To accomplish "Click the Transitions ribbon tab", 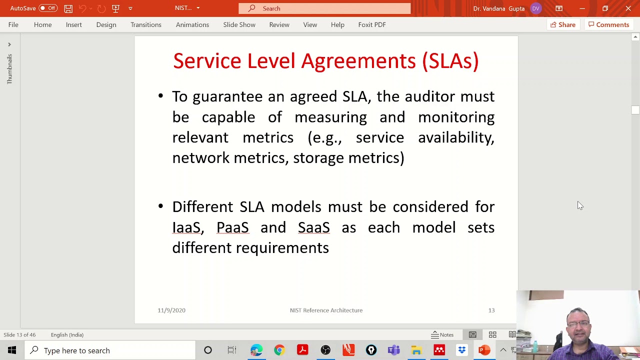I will click(x=146, y=24).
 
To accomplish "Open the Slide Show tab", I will click(x=239, y=24).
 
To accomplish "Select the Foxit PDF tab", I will click(x=371, y=24).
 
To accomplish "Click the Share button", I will click(x=562, y=24).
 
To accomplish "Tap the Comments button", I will click(x=608, y=24).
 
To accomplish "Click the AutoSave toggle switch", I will click(x=48, y=8).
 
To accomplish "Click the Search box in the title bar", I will click(x=324, y=8).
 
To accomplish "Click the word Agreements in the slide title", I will click(x=358, y=61).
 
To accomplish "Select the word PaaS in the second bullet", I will click(x=232, y=227).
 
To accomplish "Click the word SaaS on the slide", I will click(x=313, y=227).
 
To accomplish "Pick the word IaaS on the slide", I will click(x=186, y=227).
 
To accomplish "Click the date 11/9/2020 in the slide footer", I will click(x=171, y=310).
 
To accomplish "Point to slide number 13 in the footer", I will click(x=491, y=310).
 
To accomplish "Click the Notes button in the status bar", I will click(x=442, y=335).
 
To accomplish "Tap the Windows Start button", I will click(x=12, y=350).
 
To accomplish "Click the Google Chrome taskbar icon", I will click(x=279, y=350).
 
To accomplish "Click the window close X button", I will click(x=628, y=8).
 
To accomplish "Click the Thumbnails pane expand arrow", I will click(x=9, y=44).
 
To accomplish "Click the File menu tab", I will click(x=13, y=24).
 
